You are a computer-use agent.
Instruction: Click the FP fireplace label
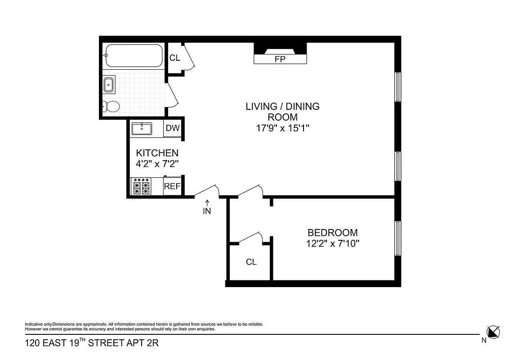(x=280, y=59)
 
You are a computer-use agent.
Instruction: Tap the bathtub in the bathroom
(x=133, y=56)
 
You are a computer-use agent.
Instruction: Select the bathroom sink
(x=109, y=84)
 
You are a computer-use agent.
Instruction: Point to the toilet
(x=111, y=107)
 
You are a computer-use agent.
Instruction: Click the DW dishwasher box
(x=173, y=128)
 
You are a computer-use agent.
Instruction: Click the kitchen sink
(x=142, y=128)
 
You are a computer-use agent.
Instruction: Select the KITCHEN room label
(x=157, y=153)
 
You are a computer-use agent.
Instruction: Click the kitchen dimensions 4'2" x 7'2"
(x=157, y=164)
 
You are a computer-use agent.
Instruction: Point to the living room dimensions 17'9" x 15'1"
(x=282, y=128)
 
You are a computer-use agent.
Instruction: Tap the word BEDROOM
(x=332, y=233)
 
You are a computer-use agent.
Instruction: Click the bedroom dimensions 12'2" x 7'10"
(x=332, y=244)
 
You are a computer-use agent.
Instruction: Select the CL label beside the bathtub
(x=174, y=58)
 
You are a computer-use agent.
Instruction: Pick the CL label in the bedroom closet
(x=251, y=262)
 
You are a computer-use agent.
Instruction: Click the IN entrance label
(x=207, y=211)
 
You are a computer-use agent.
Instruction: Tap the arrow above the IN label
(x=207, y=202)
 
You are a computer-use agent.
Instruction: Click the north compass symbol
(x=493, y=332)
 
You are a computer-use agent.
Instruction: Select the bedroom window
(x=397, y=238)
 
